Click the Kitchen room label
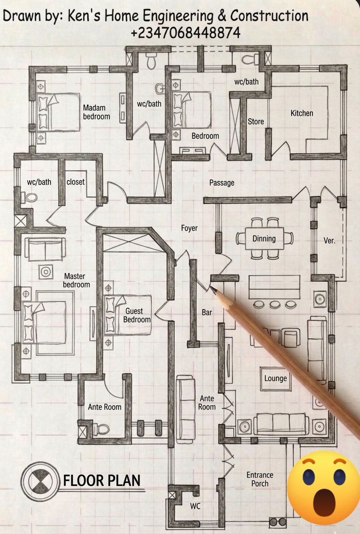click(x=301, y=113)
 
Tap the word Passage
click(x=222, y=183)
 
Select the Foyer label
click(x=189, y=228)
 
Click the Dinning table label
click(x=264, y=239)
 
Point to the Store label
click(x=256, y=121)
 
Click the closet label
click(x=76, y=182)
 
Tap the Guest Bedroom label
click(x=137, y=315)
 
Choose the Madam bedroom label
click(x=96, y=112)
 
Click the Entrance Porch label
click(x=260, y=479)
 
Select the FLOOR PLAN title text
click(x=102, y=481)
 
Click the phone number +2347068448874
click(x=186, y=33)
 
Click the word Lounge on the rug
click(x=276, y=378)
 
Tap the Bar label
click(x=207, y=312)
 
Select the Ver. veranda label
click(x=329, y=241)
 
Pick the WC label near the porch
click(x=195, y=506)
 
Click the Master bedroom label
click(x=76, y=280)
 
